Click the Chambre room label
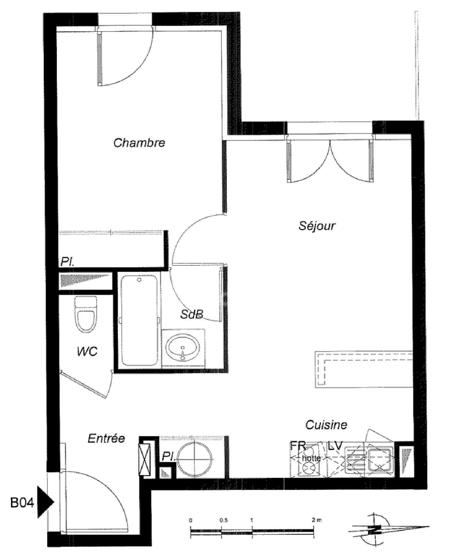(139, 143)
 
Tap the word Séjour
(317, 226)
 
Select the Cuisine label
(326, 425)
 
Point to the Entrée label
(106, 439)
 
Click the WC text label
(87, 351)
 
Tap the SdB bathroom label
(192, 314)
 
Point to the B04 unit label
(22, 503)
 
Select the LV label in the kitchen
(335, 446)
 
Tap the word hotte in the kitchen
(311, 458)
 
